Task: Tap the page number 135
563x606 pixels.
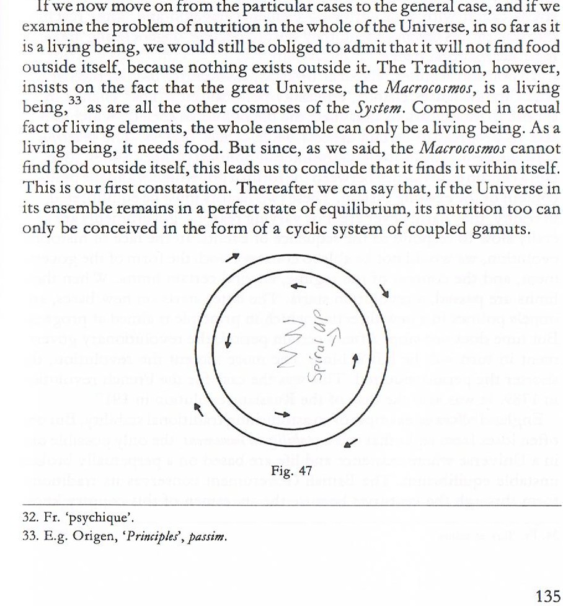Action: click(547, 596)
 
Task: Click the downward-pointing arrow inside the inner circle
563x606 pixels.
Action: click(228, 340)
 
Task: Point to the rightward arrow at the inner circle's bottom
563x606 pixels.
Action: click(281, 414)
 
